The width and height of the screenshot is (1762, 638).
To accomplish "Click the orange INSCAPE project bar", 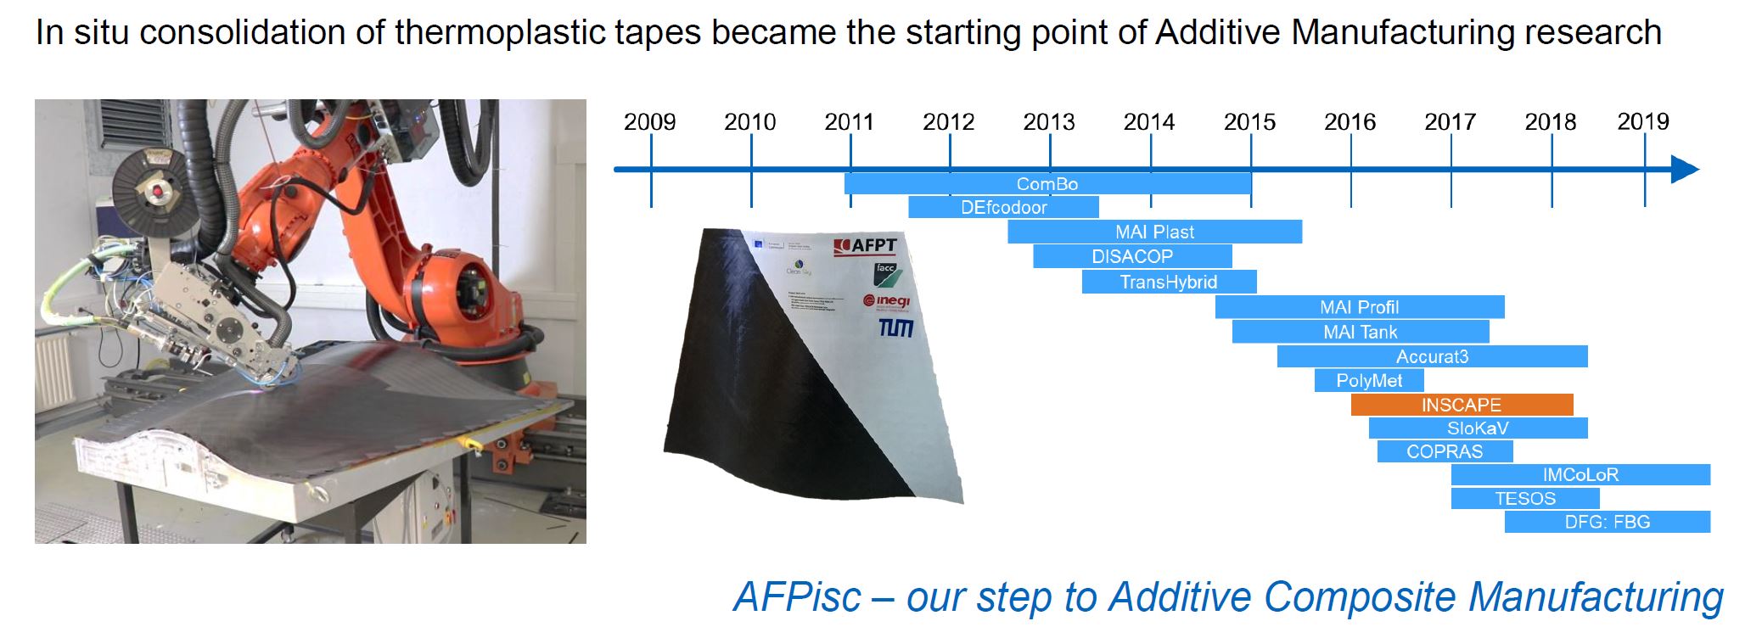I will coord(1462,405).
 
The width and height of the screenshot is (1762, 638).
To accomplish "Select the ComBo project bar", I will coord(1047,184).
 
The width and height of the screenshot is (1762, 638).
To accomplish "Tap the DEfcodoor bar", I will coord(1003,208).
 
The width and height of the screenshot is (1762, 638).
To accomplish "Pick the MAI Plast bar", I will coord(1154,232).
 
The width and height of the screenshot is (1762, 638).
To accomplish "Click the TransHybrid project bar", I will coord(1169,282).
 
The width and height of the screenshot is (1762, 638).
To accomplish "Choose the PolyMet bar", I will coord(1368,381).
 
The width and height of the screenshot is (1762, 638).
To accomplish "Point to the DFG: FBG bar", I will coord(1607,522).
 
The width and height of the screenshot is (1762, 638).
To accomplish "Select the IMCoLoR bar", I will coord(1580,475).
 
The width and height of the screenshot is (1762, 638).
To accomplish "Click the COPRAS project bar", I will coord(1444,451).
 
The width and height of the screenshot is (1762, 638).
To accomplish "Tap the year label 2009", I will coord(649,122).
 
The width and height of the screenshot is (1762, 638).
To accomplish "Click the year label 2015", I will coord(1249,122).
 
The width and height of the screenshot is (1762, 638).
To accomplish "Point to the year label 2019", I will coord(1642,122).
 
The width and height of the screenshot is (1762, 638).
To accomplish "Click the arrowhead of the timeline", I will coord(1685,170).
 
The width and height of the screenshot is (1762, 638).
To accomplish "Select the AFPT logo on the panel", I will coord(865,246).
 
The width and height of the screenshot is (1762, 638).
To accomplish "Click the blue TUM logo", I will coord(895,327).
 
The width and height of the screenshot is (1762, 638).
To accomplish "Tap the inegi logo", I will coord(886,300).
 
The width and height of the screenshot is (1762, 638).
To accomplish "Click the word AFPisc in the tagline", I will coord(797,596).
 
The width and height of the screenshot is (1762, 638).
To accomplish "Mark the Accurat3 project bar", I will coord(1432,356).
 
